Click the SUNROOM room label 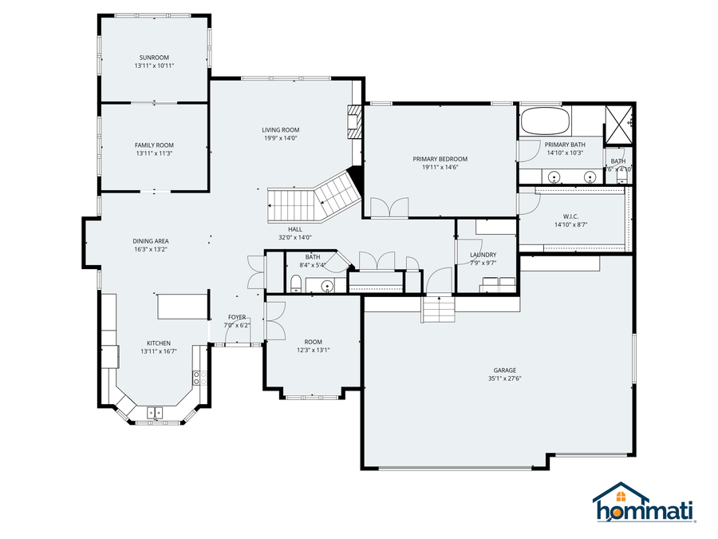154,57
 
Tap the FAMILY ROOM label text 154,145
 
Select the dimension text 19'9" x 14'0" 280,138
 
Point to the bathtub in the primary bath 545,122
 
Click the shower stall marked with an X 618,121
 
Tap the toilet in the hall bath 295,284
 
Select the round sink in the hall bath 326,286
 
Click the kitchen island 181,305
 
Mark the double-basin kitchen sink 154,413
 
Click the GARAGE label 504,371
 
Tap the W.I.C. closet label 570,216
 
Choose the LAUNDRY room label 483,255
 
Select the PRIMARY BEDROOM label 440,159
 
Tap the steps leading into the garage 437,307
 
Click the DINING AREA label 151,241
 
